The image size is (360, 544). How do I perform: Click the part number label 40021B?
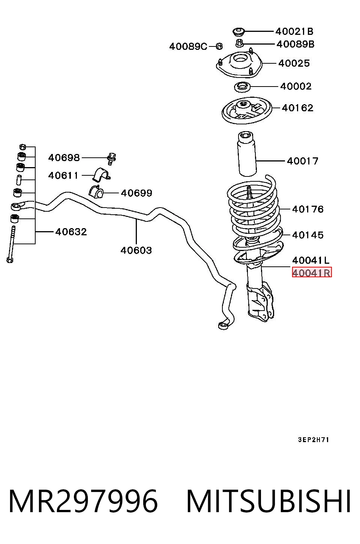[294, 31]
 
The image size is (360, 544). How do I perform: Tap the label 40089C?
[188, 46]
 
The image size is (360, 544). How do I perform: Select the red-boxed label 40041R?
[312, 273]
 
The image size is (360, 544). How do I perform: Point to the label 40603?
[136, 250]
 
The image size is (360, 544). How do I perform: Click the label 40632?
[71, 232]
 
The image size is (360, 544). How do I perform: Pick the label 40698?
[64, 158]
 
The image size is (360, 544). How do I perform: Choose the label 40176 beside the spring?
[308, 209]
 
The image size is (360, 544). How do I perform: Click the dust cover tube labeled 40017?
[246, 154]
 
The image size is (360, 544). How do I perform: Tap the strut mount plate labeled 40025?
[239, 64]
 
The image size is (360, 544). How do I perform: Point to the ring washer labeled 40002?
[242, 87]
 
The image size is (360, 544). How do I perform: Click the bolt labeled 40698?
[111, 159]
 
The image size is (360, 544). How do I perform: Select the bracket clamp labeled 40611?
[101, 174]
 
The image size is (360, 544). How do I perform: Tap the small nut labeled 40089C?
[219, 46]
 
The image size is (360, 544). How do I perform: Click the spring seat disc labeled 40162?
[247, 110]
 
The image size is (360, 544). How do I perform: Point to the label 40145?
[308, 235]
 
